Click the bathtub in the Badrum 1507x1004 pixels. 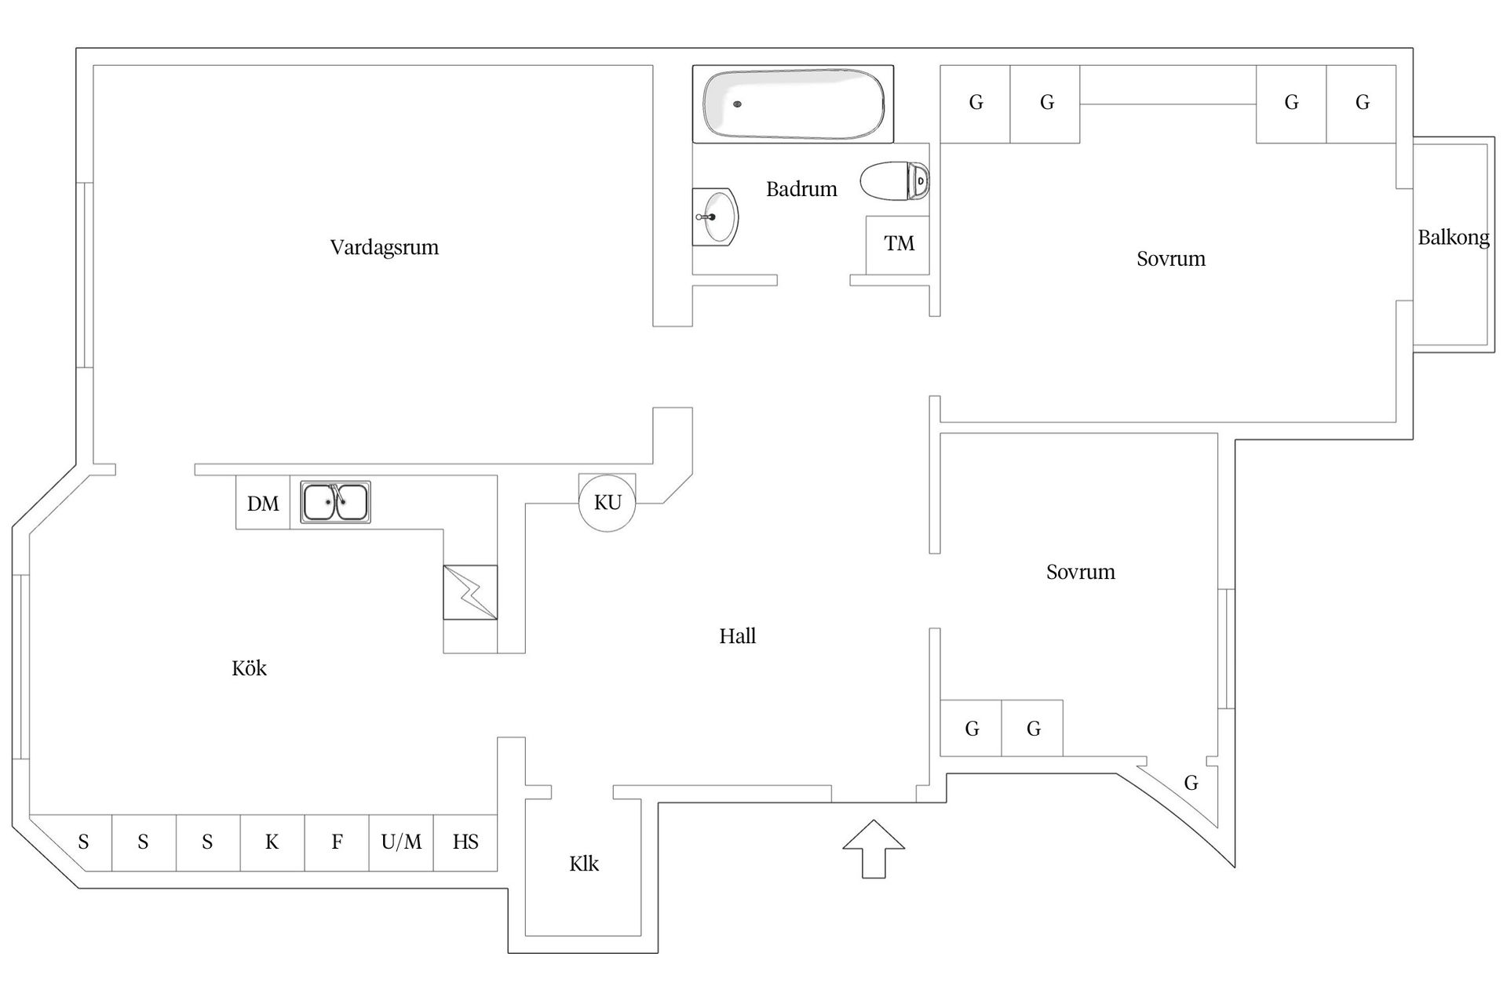coord(793,104)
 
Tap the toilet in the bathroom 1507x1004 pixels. coord(895,181)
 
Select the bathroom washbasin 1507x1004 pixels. coord(716,216)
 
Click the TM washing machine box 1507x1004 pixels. coord(898,244)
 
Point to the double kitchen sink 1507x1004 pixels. coord(335,502)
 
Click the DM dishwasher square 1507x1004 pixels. coord(263,504)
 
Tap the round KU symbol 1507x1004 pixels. coord(607,503)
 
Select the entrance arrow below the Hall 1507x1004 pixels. coord(874,849)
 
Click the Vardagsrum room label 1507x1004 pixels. coord(384,248)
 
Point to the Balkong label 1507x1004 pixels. coord(1453,238)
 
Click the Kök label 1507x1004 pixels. coord(249,668)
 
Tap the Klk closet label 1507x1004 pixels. coord(583,864)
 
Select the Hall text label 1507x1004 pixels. coord(737,636)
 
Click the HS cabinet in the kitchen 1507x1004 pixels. coord(465,842)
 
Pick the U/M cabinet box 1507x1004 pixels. coord(401,842)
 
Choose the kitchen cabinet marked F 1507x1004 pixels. coord(337,842)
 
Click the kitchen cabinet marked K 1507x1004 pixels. coord(272,842)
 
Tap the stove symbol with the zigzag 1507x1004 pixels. coord(470,592)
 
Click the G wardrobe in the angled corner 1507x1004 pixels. coord(1190,783)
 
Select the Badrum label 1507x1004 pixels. coord(801,189)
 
